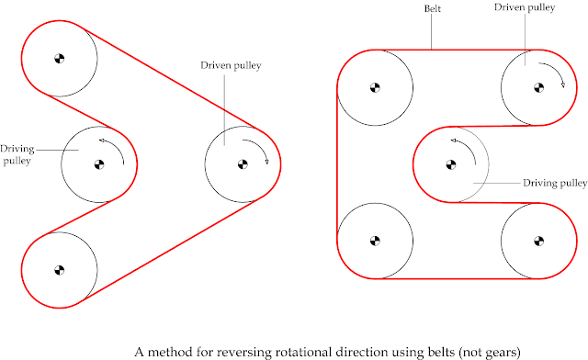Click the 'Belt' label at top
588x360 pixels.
click(433, 9)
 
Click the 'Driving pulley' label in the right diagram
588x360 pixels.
click(554, 183)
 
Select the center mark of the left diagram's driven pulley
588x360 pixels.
click(243, 165)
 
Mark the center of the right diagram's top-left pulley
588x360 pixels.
click(375, 88)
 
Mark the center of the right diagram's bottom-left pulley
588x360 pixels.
click(375, 242)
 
